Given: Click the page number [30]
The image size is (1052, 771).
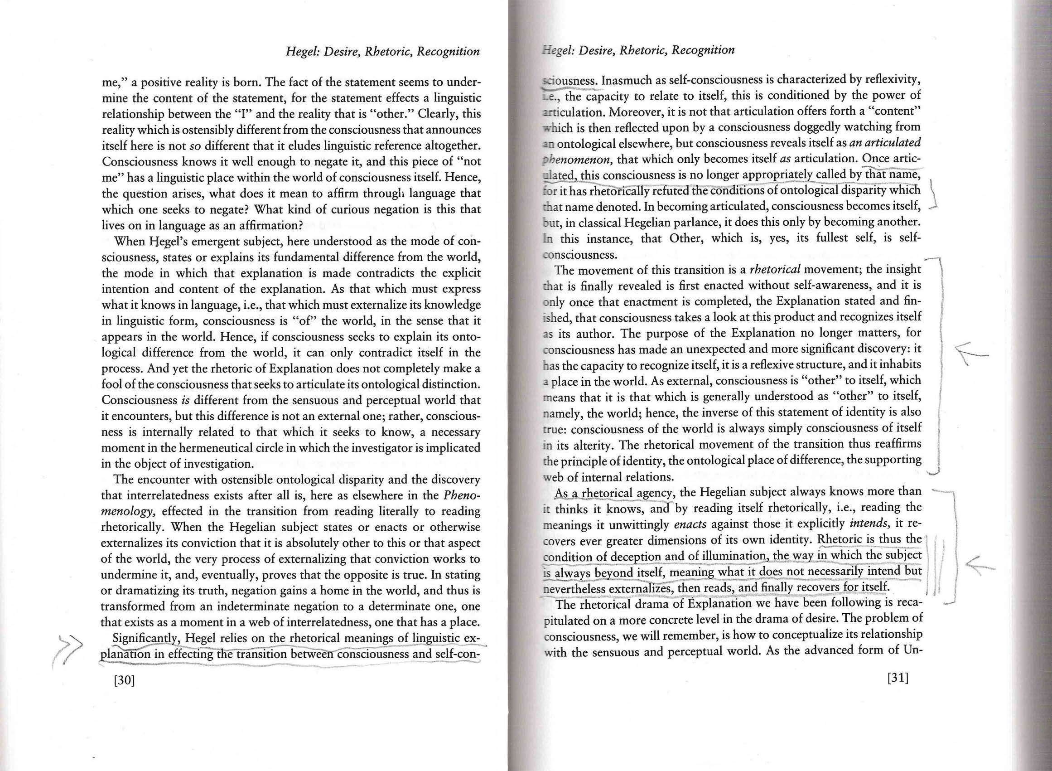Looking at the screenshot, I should pos(124,680).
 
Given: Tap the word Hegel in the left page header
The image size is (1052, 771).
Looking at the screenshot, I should pos(302,51).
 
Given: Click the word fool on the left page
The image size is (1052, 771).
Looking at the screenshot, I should pos(111,384).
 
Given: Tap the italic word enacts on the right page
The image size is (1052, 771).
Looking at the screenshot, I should pos(690,524).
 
